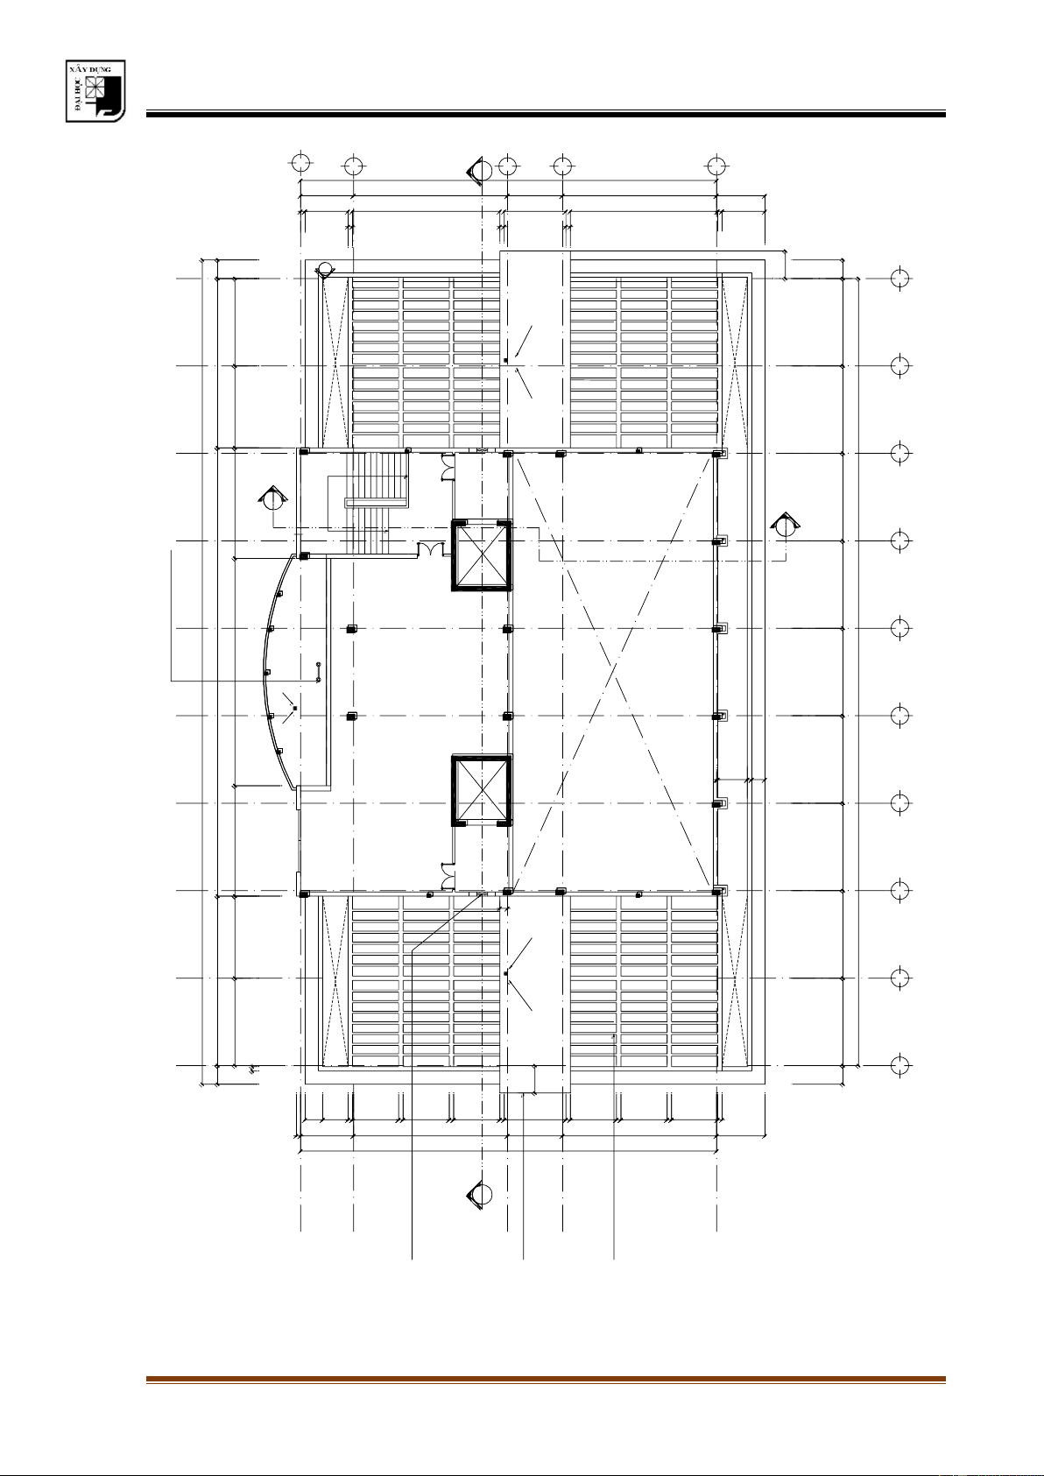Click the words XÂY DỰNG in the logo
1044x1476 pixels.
tap(95, 69)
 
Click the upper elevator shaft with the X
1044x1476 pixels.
tap(482, 554)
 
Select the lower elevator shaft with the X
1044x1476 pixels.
tap(482, 790)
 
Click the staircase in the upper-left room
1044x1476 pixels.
tap(369, 504)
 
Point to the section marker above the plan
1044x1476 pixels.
tap(480, 172)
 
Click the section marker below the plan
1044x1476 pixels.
tap(480, 1194)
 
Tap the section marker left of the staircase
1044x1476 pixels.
tap(272, 498)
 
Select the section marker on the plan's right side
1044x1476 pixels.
tap(785, 526)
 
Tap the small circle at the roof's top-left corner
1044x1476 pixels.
tap(324, 269)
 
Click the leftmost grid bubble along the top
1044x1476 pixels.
tap(300, 162)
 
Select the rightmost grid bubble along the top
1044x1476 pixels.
tap(716, 166)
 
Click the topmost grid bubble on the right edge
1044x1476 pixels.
tap(899, 278)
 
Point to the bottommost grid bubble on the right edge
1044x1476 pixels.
tap(899, 1065)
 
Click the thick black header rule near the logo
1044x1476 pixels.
tap(546, 115)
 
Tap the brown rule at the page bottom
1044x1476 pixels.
tap(546, 1379)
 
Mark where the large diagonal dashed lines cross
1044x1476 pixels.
tap(615, 672)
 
